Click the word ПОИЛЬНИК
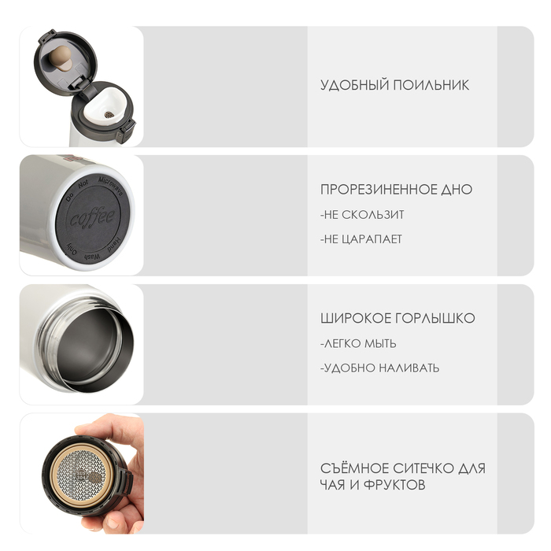pyautogui.click(x=431, y=85)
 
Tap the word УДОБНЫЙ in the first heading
pyautogui.click(x=354, y=85)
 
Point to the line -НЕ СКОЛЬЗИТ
pyautogui.click(x=362, y=215)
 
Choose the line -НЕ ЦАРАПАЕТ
pyautogui.click(x=361, y=239)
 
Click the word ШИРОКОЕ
pyautogui.click(x=356, y=318)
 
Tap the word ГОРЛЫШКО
pyautogui.click(x=435, y=318)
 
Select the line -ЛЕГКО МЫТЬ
pyautogui.click(x=358, y=343)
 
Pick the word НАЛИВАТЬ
pyautogui.click(x=409, y=368)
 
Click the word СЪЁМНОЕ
pyautogui.click(x=354, y=468)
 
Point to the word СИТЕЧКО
pyautogui.click(x=423, y=468)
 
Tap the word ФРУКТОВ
pyautogui.click(x=394, y=486)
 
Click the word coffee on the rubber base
pyautogui.click(x=92, y=217)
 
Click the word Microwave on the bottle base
pyautogui.click(x=111, y=187)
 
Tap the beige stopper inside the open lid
pyautogui.click(x=62, y=59)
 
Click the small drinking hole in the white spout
pyautogui.click(x=109, y=115)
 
